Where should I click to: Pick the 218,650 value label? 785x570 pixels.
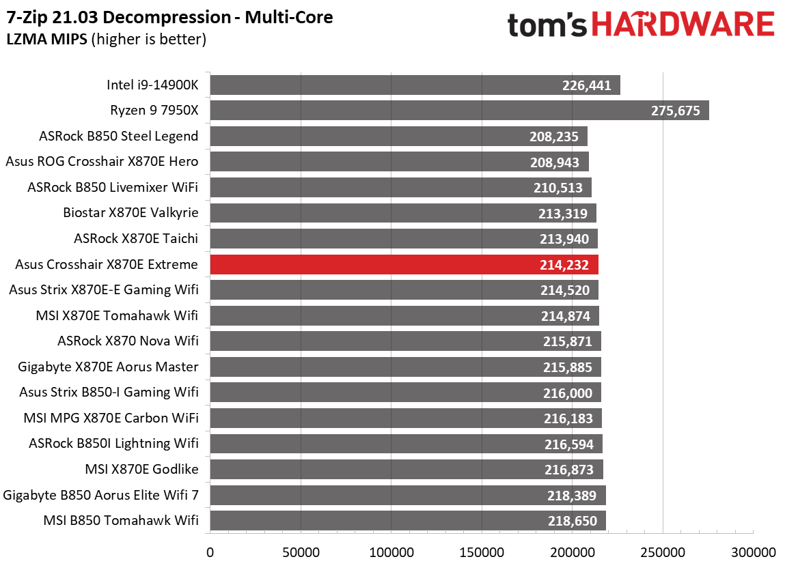573,522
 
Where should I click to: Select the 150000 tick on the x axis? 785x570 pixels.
482,552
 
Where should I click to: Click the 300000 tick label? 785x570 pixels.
752,552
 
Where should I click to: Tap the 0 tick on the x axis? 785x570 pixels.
210,552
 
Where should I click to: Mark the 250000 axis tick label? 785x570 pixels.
662,552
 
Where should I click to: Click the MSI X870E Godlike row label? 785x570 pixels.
141,469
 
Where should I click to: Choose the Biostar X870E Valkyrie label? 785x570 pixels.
130,212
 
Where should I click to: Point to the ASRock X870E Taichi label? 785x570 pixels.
136,238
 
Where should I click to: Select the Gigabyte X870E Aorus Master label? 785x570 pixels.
109,367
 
